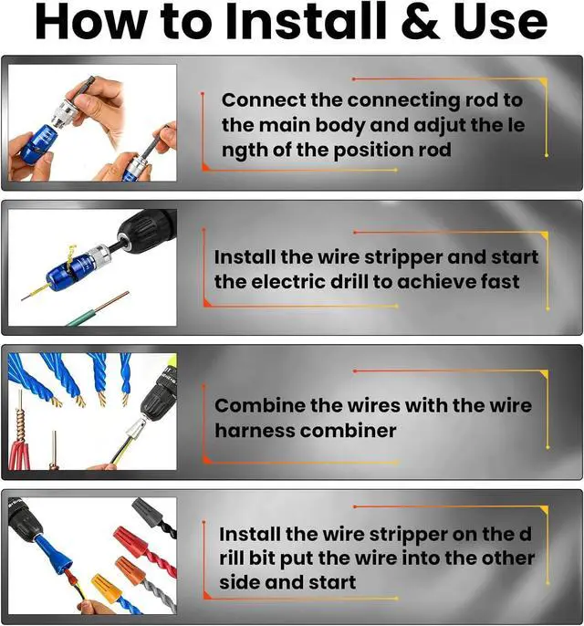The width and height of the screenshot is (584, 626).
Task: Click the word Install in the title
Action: click(307, 22)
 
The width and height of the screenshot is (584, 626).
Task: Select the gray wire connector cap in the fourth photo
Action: click(147, 511)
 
